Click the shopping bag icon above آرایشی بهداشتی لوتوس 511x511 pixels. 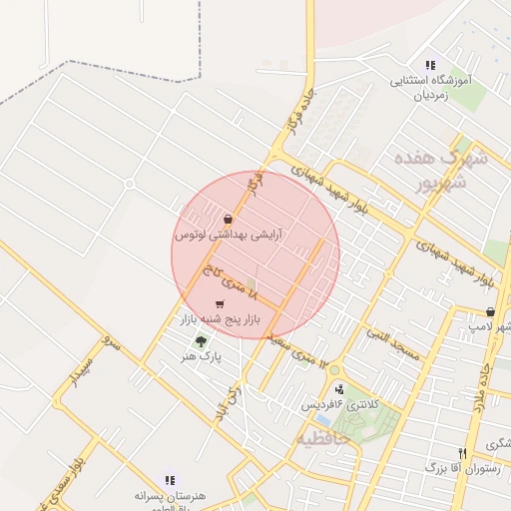point(229,219)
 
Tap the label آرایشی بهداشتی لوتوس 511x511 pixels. point(229,236)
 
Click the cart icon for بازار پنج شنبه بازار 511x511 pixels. point(220,303)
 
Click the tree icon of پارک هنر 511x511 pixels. point(202,340)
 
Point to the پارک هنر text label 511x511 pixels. point(202,355)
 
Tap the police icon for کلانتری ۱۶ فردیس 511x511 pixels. point(340,389)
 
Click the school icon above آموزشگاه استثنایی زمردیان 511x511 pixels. point(430,64)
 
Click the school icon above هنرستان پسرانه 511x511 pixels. point(169,480)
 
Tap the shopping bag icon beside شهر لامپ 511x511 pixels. point(490,312)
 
